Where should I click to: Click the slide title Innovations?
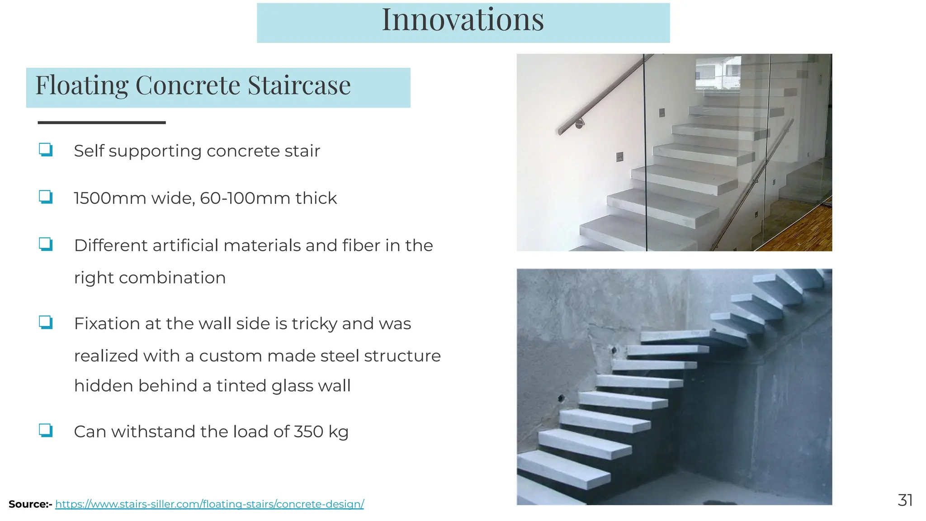[x=463, y=20]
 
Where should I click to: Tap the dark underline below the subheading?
[x=102, y=123]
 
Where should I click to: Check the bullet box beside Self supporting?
[x=46, y=150]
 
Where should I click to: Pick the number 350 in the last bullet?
[x=308, y=432]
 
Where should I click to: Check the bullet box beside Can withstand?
[x=46, y=431]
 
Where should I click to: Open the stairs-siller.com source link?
[x=209, y=504]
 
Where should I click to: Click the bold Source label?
[x=30, y=504]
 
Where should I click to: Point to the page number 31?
[x=905, y=500]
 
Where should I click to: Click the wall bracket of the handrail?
[x=579, y=123]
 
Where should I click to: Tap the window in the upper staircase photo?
[x=718, y=72]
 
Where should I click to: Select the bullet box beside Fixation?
[x=46, y=323]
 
